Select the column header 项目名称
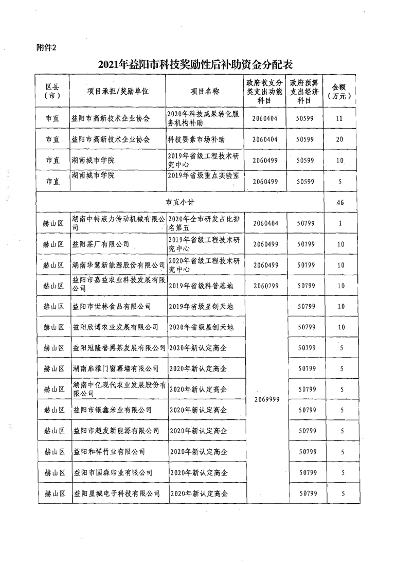[205, 91]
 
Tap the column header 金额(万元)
[339, 91]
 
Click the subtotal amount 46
[339, 203]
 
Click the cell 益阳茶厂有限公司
[101, 244]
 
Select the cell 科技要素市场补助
[197, 139]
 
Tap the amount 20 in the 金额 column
[339, 139]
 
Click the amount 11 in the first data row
[339, 118]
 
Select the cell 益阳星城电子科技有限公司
[117, 493]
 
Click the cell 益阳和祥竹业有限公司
[109, 452]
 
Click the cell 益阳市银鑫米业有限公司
[112, 410]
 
